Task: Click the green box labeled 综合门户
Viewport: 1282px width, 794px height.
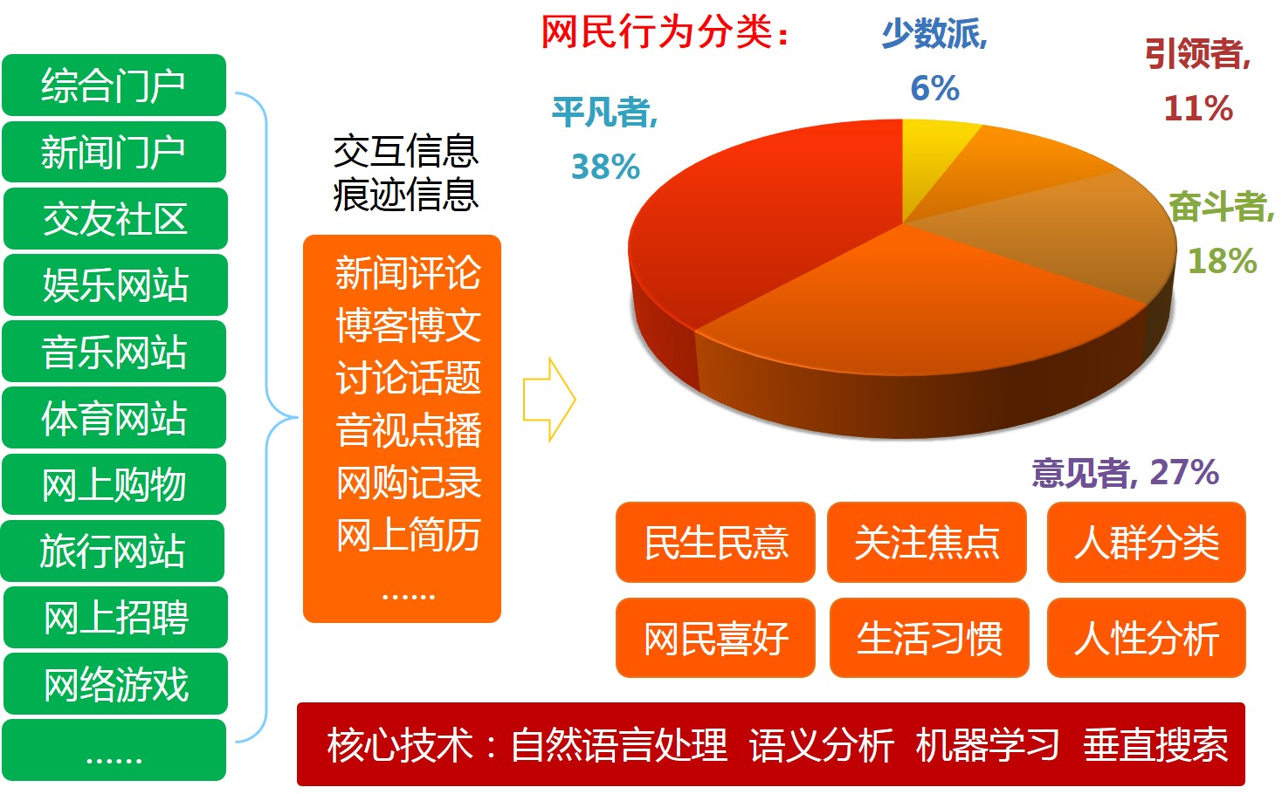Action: [114, 86]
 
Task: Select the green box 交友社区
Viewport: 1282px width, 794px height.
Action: [115, 218]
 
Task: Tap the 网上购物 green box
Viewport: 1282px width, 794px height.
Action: [114, 484]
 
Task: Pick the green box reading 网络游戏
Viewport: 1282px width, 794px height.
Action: [115, 684]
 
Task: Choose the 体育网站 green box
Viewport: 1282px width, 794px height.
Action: [114, 417]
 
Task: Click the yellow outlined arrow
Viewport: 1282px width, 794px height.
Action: [549, 400]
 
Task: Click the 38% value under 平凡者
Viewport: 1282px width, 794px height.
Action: [605, 167]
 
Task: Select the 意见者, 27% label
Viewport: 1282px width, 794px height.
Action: [1125, 473]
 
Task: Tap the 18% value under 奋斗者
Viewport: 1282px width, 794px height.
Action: [1223, 261]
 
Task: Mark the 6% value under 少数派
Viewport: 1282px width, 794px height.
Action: [934, 88]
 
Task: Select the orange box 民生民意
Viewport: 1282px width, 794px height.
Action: [715, 542]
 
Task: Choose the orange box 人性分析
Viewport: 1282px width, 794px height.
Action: [1147, 638]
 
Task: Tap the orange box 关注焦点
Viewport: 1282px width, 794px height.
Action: [927, 542]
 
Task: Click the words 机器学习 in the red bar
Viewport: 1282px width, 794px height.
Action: [987, 745]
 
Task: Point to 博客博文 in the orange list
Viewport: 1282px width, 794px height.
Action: [408, 325]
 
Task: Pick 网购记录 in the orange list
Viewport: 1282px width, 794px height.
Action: [408, 483]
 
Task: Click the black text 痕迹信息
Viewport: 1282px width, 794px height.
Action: [406, 195]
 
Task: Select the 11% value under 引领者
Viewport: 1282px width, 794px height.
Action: [1198, 108]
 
